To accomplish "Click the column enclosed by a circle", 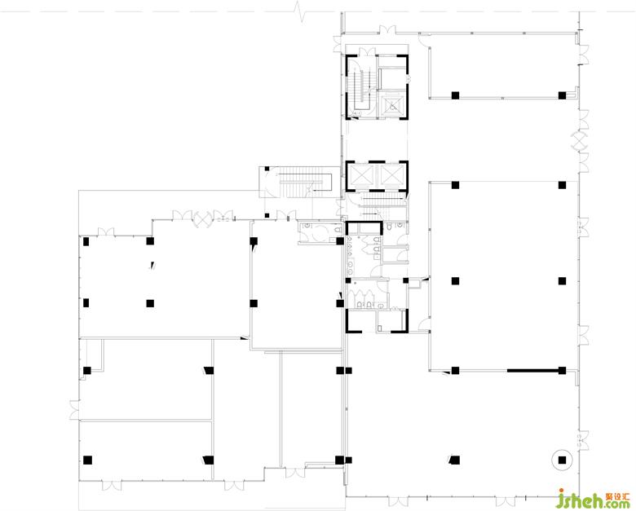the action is point(562,460).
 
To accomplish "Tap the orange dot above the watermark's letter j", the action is point(562,491).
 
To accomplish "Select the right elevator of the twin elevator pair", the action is point(390,175).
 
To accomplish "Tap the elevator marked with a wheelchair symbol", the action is point(392,106).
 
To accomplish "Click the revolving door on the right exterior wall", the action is point(580,142).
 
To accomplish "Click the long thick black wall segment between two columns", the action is point(532,370).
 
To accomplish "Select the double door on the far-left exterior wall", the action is point(74,410).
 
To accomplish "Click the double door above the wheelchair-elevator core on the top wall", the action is point(386,29).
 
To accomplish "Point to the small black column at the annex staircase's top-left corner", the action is point(267,169).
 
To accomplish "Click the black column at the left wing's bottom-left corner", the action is point(87,460).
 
